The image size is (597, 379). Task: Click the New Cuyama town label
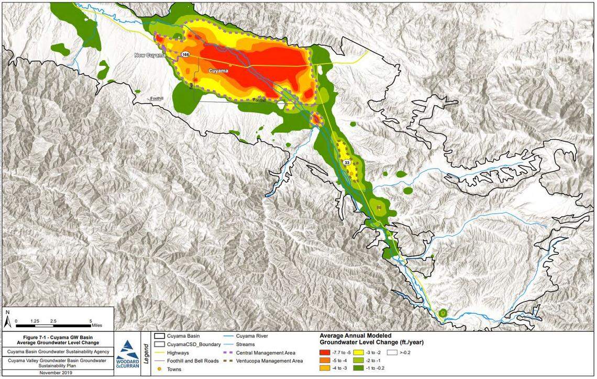click(150, 55)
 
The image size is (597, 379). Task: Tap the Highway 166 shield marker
click(186, 54)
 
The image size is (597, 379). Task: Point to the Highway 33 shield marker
click(347, 163)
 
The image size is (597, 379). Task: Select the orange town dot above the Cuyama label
click(229, 64)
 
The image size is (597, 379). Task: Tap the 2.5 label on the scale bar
click(53, 320)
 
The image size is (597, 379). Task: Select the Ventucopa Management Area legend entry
click(269, 361)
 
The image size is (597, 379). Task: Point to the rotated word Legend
click(146, 353)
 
